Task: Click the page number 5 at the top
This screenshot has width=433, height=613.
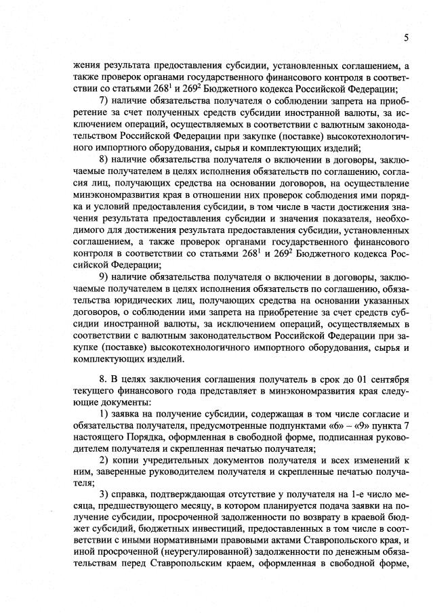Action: tap(405, 38)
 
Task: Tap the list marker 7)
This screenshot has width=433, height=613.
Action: tap(105, 101)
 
